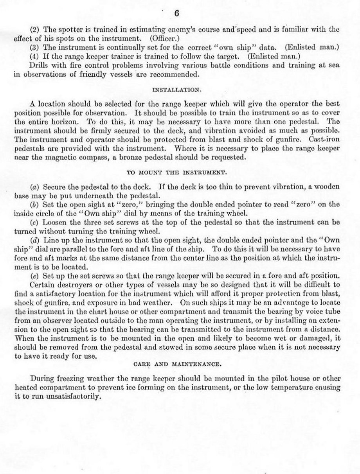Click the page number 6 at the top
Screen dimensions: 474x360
click(176, 13)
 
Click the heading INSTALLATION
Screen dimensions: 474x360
click(176, 90)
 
